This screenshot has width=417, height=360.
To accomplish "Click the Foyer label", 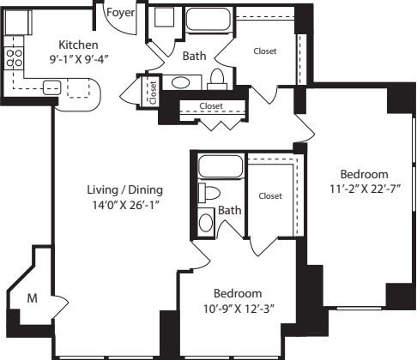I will [118, 13].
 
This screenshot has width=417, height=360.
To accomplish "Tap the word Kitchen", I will [78, 45].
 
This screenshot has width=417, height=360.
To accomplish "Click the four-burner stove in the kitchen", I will [15, 57].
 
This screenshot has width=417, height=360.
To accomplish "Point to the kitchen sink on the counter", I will [51, 86].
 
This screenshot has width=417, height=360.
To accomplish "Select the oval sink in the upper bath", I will [181, 82].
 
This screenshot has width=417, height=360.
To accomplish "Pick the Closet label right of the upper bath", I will [265, 51].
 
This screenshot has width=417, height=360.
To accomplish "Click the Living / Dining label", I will [124, 189].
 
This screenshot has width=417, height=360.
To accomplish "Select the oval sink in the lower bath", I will [207, 222].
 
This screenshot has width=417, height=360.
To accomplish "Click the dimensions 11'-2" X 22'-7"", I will [364, 188].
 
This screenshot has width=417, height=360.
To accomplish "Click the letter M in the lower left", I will [33, 298].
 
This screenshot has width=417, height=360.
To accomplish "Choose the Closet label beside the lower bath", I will [269, 195].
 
